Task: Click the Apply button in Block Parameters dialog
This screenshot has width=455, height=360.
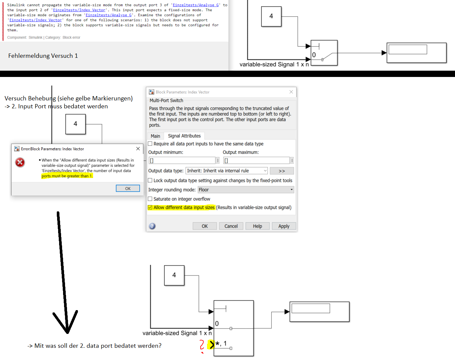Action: [x=284, y=226]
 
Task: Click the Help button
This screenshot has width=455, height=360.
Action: [x=257, y=226]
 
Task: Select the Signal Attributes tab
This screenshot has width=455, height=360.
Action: [x=184, y=136]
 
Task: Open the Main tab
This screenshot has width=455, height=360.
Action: [x=155, y=136]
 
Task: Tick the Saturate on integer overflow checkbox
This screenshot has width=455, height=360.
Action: [x=150, y=199]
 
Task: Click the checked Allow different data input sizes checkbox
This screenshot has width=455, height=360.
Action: [x=150, y=207]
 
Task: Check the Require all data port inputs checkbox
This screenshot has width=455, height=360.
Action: [x=150, y=144]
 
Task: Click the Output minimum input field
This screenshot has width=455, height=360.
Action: [x=182, y=161]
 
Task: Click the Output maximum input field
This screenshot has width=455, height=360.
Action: [x=257, y=161]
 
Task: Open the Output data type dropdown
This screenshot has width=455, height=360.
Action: [x=227, y=171]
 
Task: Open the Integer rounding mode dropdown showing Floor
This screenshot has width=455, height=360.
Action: [x=246, y=190]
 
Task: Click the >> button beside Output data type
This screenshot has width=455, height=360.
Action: [x=282, y=171]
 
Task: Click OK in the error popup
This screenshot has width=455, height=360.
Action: [x=128, y=188]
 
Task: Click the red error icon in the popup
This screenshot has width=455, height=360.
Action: [x=20, y=162]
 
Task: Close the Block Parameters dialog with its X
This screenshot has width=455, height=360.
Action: [x=291, y=92]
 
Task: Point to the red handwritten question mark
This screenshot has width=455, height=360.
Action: [x=202, y=345]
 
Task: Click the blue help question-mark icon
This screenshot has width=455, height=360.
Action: [x=152, y=226]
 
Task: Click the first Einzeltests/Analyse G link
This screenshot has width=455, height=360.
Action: [x=195, y=5]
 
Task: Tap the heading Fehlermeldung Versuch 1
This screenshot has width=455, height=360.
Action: [x=43, y=55]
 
